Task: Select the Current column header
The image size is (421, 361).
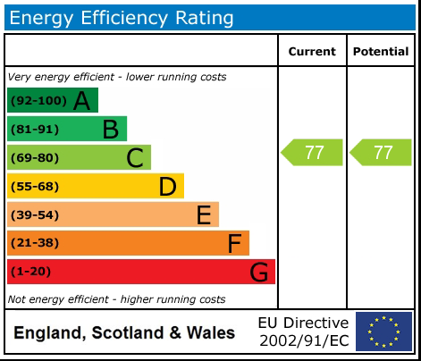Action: tap(312, 52)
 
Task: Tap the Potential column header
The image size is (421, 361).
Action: tap(381, 52)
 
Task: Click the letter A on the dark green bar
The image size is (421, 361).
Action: tap(82, 101)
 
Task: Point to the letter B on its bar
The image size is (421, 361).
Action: tap(110, 130)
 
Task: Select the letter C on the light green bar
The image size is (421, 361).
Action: tap(135, 158)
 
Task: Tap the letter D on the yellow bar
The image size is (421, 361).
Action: tap(167, 187)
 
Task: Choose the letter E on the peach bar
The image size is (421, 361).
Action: tap(203, 214)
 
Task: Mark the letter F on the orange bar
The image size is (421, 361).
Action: tap(234, 243)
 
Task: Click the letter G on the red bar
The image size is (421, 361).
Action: tap(258, 272)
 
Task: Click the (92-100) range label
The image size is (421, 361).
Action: tap(38, 101)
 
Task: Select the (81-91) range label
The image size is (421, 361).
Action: tap(35, 130)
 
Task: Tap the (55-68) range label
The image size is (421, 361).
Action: tap(35, 187)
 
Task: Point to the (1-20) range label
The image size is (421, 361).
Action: tap(31, 272)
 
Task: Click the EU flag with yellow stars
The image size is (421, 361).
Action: tap(384, 332)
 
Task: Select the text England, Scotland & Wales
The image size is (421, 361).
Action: tap(124, 333)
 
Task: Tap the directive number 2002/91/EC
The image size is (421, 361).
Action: tap(303, 340)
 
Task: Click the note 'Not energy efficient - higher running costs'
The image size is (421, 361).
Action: tap(116, 299)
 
